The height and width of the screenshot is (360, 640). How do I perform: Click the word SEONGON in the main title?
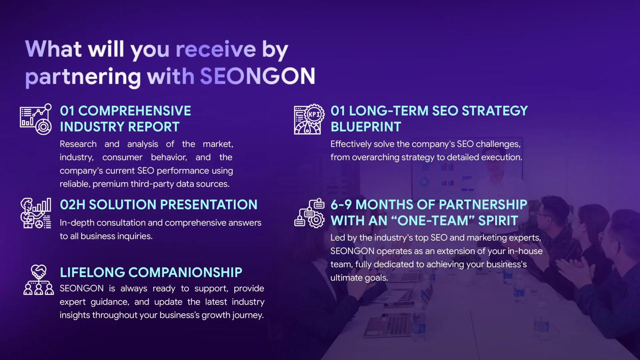(x=257, y=76)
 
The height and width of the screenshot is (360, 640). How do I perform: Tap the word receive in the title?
(x=216, y=49)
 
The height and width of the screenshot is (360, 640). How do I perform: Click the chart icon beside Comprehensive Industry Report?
(x=36, y=119)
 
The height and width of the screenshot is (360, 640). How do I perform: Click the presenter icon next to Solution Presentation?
(x=36, y=213)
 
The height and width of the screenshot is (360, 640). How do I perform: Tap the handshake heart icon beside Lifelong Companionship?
(x=38, y=280)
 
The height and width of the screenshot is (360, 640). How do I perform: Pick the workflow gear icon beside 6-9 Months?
(x=309, y=213)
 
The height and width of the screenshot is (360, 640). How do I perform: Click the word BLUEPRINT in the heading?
(x=366, y=127)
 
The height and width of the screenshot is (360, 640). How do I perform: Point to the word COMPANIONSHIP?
(x=185, y=272)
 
